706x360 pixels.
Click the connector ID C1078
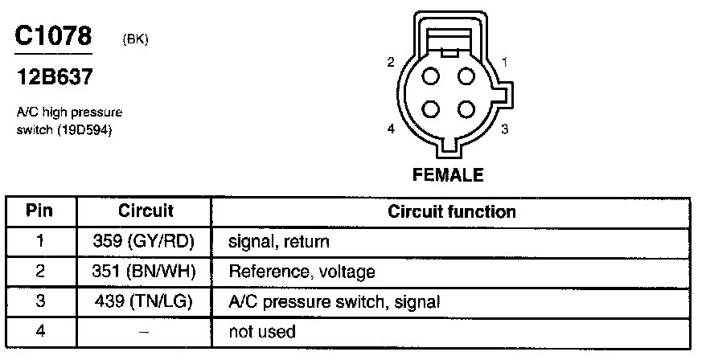pos(53,36)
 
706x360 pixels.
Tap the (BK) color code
pos(134,39)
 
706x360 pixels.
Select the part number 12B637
pos(54,78)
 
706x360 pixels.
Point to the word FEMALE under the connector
pos(448,174)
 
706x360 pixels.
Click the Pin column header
pos(39,212)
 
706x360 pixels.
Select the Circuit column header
pos(146,212)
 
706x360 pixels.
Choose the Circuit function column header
pos(451,212)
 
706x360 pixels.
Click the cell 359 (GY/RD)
pos(146,241)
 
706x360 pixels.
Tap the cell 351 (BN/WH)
pos(146,272)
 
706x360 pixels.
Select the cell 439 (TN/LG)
pos(146,301)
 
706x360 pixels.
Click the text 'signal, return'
pos(279,241)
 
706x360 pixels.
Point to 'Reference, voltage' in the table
pos(302,272)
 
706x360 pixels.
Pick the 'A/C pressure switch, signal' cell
pos(335,302)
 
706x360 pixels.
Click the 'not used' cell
pos(262,331)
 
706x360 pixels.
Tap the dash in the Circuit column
pos(146,331)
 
